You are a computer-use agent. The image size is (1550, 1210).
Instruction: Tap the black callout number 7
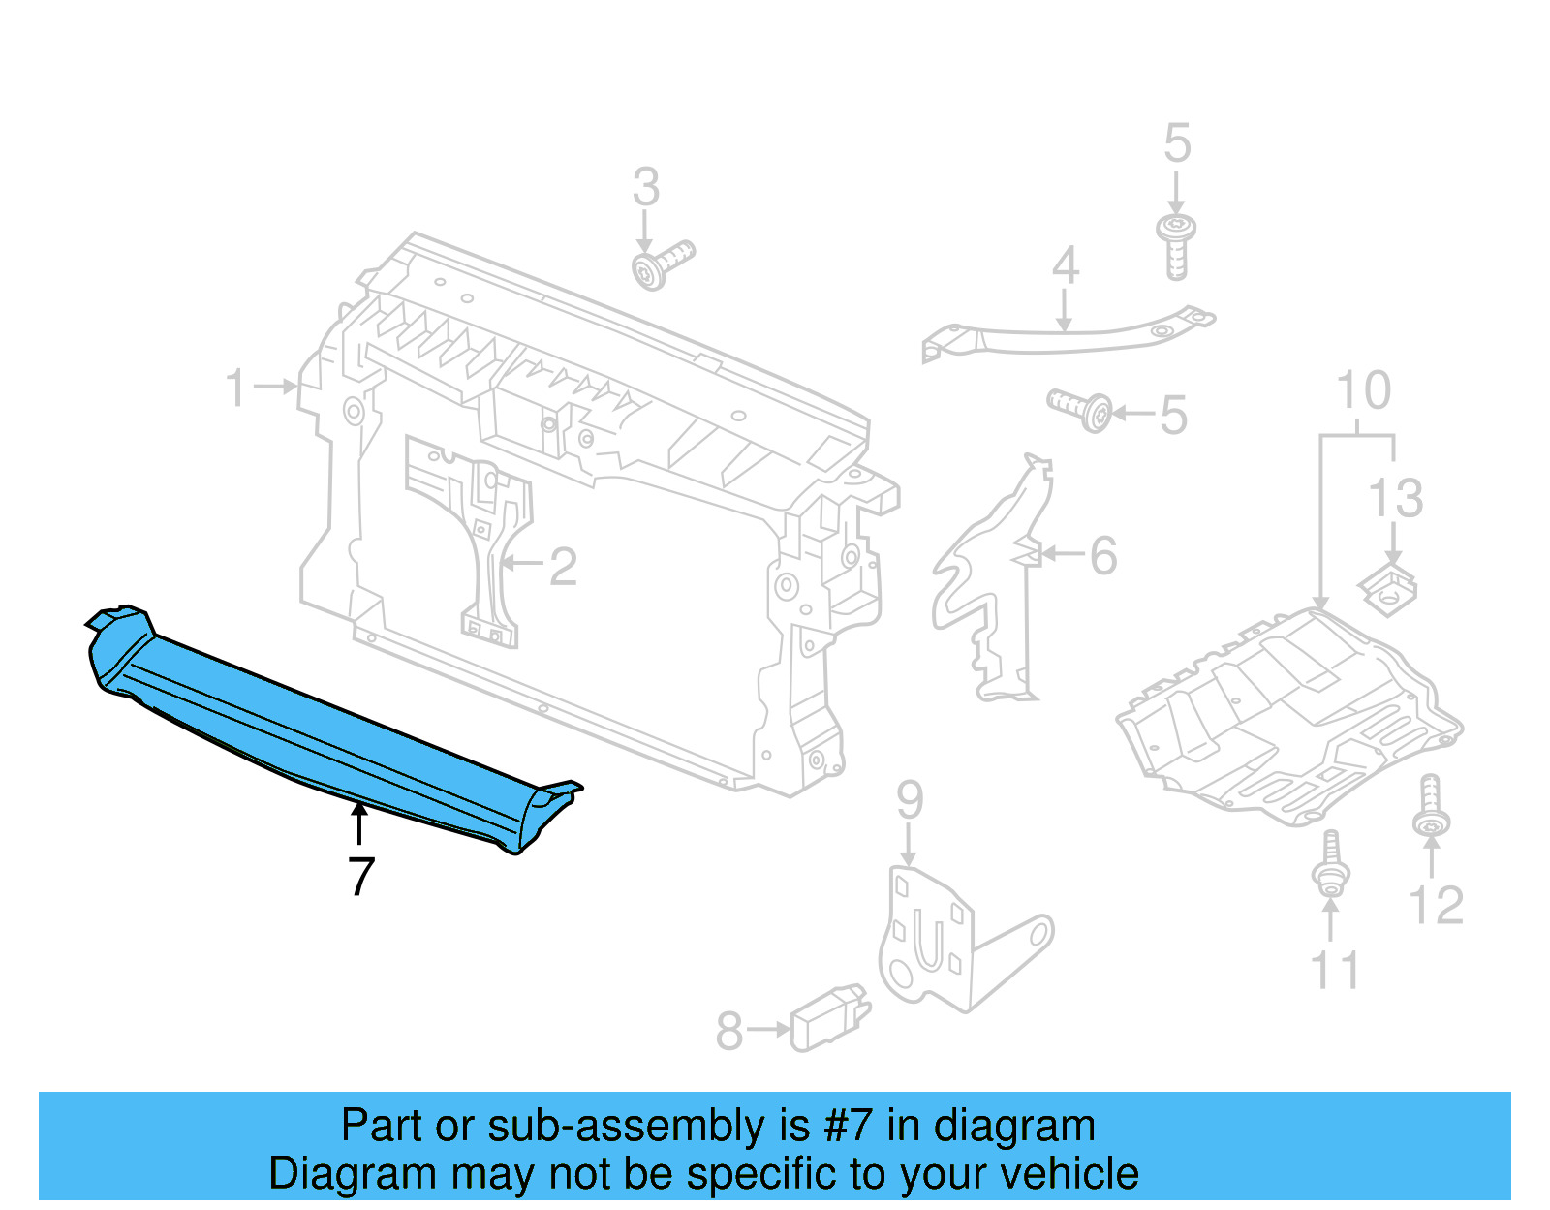360,877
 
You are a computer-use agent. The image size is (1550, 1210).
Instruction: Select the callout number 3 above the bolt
646,187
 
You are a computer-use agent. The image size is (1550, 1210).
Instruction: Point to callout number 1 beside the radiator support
236,388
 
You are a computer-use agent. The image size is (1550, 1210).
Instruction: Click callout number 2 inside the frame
563,567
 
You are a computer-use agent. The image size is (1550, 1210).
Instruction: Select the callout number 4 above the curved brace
1066,265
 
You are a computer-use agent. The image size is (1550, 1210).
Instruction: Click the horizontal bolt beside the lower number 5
1080,409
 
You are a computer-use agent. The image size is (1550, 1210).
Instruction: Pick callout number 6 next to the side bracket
1103,556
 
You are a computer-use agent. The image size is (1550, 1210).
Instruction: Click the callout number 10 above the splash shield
1363,390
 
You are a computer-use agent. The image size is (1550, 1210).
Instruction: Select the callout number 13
1395,499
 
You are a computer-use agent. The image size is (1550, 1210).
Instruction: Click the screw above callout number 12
1431,806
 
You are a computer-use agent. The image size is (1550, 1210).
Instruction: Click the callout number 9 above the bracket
910,800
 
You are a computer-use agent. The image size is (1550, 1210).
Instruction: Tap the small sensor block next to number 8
828,1019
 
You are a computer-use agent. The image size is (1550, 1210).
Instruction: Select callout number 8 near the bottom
729,1032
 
